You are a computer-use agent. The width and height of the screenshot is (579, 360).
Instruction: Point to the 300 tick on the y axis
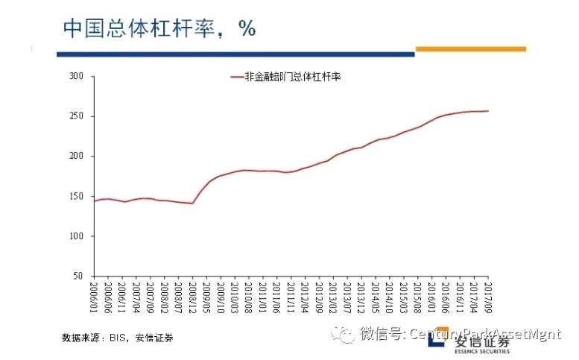[75, 76]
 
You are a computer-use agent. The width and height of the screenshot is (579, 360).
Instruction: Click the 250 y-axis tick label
[75, 116]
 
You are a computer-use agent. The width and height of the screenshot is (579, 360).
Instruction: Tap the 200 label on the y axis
[75, 156]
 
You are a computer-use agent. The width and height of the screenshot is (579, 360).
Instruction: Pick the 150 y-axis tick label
[75, 196]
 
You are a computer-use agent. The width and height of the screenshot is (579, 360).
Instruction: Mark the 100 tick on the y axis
[75, 236]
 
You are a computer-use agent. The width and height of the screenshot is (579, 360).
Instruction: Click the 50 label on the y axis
[77, 276]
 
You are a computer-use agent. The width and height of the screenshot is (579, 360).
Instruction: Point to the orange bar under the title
[470, 49]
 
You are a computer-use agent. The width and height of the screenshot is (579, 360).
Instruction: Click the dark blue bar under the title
[235, 54]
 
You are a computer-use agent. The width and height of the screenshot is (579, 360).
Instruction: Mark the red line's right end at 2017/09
[488, 111]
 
